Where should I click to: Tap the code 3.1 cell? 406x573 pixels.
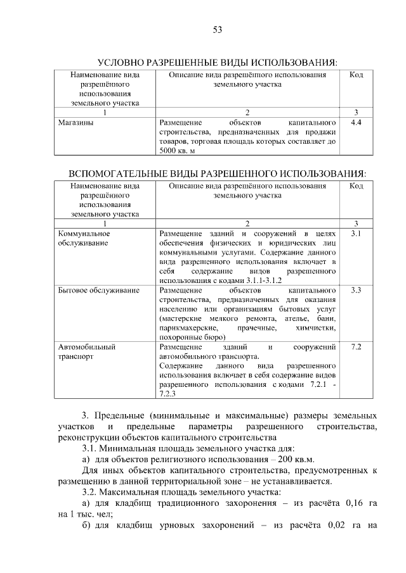[356, 234]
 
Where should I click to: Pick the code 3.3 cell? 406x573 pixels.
[356, 291]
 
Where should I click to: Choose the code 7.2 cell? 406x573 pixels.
[356, 348]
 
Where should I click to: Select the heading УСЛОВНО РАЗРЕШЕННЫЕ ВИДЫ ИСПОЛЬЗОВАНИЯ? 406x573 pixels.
[217, 63]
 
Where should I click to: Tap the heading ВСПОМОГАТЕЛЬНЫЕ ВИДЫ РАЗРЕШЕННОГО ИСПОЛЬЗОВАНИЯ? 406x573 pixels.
[217, 173]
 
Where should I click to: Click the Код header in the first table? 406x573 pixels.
[356, 75]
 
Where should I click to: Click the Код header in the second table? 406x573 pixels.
[356, 186]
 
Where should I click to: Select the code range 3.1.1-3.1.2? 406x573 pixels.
[254, 280]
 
